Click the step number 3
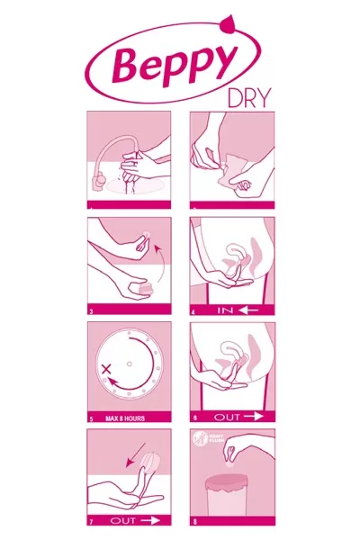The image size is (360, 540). (92, 311)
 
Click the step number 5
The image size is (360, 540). (92, 418)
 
